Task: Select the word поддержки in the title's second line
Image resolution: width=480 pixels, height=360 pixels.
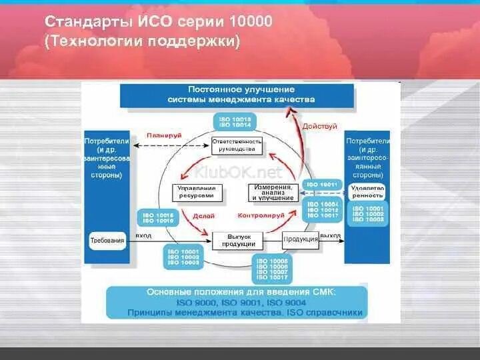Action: coord(199,41)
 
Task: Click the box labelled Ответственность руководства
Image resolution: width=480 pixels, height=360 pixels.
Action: coord(237,145)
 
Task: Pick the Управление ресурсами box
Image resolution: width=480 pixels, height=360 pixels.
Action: coord(195,193)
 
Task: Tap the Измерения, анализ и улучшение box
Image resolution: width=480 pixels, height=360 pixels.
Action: coord(273,193)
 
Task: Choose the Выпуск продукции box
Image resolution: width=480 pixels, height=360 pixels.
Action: coord(238,240)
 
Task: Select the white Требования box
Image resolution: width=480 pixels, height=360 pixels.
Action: coord(107,240)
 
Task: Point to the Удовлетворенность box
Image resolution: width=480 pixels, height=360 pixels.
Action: coord(367,192)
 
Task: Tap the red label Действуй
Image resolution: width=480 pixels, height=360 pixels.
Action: coord(320,126)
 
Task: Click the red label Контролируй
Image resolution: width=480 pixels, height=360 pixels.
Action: coord(261,216)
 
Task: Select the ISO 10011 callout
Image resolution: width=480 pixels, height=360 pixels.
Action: coord(322,183)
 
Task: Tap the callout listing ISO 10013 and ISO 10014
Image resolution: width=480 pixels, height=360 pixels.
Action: coord(235,122)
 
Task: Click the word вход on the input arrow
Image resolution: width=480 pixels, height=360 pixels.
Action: coord(143,236)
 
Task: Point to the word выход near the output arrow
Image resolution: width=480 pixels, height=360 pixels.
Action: coord(330,236)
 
